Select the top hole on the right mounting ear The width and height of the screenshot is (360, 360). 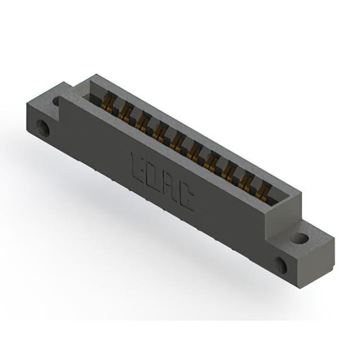(301, 238)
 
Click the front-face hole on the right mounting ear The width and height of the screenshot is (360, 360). (281, 265)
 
